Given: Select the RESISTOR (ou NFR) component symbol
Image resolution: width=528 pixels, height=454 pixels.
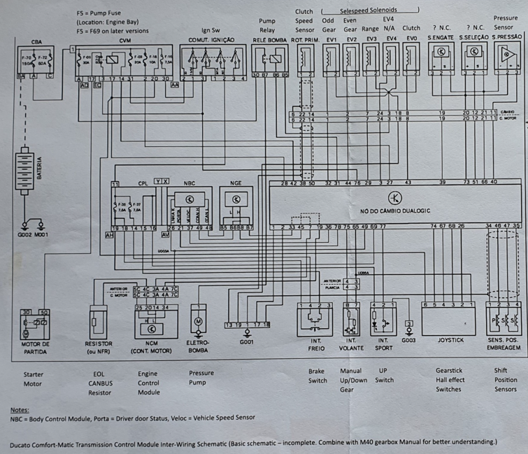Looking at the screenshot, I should tap(97, 324).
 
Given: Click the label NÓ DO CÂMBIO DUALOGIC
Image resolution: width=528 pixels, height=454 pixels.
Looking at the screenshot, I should tap(395, 210).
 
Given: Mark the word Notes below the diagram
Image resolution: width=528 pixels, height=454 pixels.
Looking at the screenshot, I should tap(19, 409).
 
